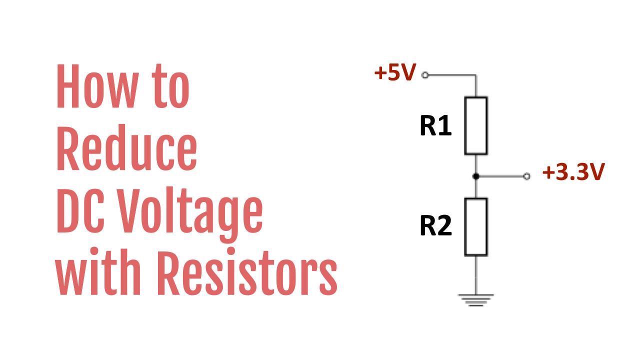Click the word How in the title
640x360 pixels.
(94, 88)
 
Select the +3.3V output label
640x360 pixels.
(573, 173)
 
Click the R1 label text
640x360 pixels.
(435, 126)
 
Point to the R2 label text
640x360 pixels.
(435, 226)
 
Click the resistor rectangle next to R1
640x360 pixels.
(476, 125)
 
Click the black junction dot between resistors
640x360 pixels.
(476, 176)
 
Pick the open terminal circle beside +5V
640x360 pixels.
(425, 75)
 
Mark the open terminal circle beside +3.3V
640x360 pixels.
(526, 176)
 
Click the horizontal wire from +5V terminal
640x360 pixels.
(450, 75)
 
